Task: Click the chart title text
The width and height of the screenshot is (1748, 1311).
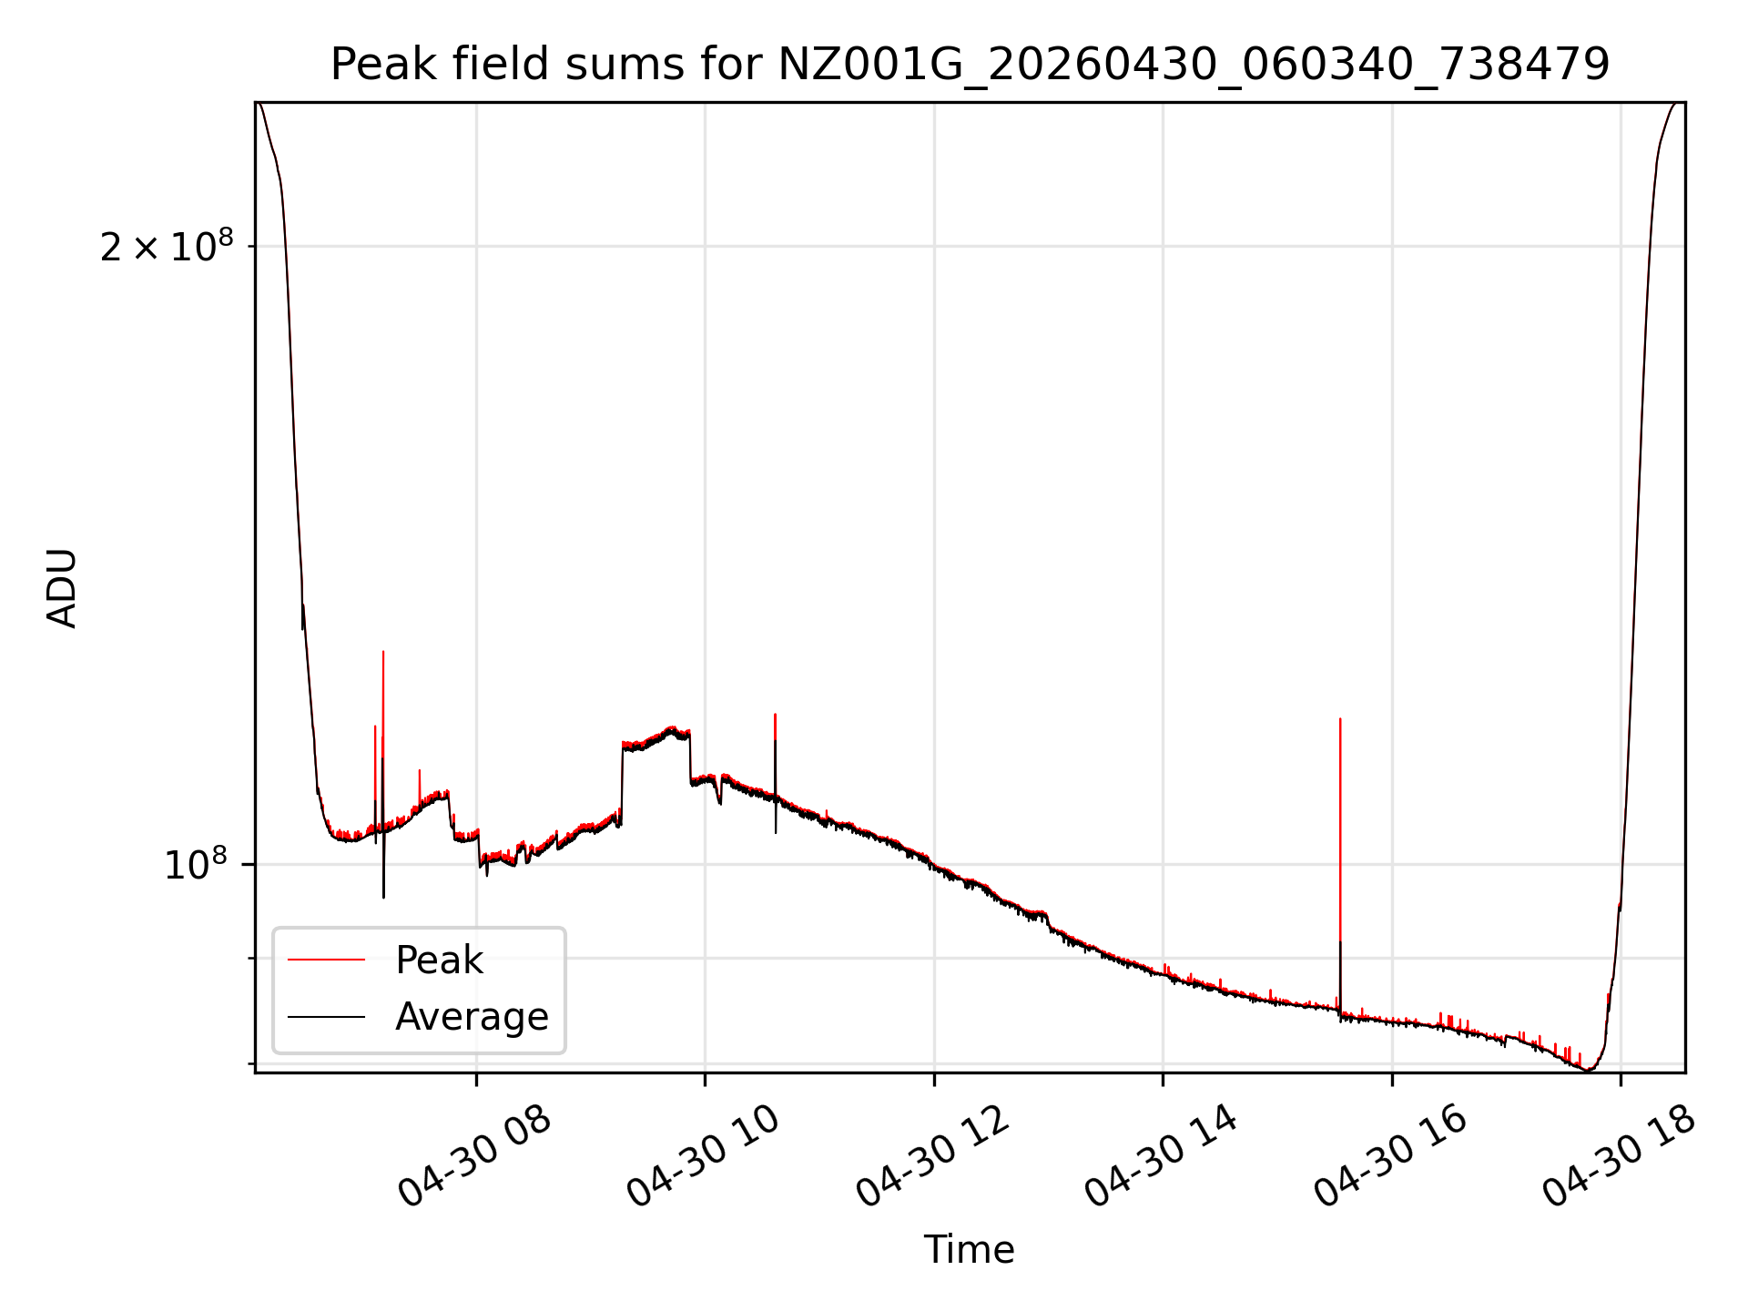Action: [970, 65]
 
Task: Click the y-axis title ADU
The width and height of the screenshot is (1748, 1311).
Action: [62, 588]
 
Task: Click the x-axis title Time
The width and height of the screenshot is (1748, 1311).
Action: [970, 1249]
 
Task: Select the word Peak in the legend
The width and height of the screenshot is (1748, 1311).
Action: [439, 960]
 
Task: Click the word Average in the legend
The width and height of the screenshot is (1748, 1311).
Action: [472, 1017]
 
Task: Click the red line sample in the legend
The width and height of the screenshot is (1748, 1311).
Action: [326, 960]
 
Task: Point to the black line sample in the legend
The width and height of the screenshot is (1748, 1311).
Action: [326, 1016]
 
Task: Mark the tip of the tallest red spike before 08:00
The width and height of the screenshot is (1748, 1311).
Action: [383, 651]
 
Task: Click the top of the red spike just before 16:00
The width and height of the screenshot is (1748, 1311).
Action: [1340, 719]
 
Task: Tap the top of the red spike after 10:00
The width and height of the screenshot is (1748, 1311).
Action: [775, 714]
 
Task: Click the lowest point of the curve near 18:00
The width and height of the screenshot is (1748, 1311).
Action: [1588, 1070]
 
